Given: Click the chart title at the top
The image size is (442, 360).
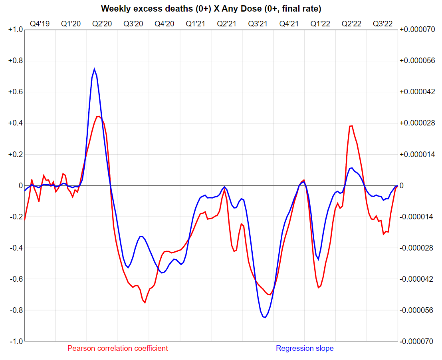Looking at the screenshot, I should pyautogui.click(x=211, y=8).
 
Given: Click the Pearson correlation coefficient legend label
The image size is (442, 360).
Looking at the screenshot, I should pyautogui.click(x=118, y=348).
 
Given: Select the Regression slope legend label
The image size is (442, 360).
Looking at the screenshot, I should pyautogui.click(x=305, y=348).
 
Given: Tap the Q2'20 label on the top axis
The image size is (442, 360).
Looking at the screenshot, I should pyautogui.click(x=102, y=24).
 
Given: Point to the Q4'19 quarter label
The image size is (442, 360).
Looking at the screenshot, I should pyautogui.click(x=40, y=24).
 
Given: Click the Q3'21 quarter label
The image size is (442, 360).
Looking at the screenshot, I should pyautogui.click(x=258, y=24).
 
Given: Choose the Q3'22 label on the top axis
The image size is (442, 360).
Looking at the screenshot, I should pyautogui.click(x=383, y=24).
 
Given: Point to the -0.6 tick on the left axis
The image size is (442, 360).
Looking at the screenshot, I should pyautogui.click(x=16, y=279).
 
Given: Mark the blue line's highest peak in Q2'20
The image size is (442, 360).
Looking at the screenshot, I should pyautogui.click(x=95, y=69).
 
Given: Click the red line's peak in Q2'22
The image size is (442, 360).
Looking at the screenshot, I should pyautogui.click(x=351, y=126).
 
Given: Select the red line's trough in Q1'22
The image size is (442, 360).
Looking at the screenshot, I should pyautogui.click(x=319, y=288).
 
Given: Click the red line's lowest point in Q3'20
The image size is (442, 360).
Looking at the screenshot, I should pyautogui.click(x=145, y=303).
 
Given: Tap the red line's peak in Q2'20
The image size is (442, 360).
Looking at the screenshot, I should pyautogui.click(x=98, y=116).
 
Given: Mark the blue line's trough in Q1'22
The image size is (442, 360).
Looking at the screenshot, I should pyautogui.click(x=318, y=260).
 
